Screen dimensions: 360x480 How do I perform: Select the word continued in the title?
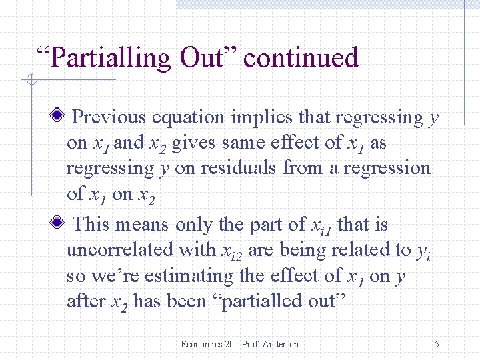[x=301, y=58]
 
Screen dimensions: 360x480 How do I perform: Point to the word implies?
[x=261, y=118]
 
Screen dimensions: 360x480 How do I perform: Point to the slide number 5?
[x=437, y=344]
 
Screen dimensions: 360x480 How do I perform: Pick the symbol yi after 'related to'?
[x=421, y=252]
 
